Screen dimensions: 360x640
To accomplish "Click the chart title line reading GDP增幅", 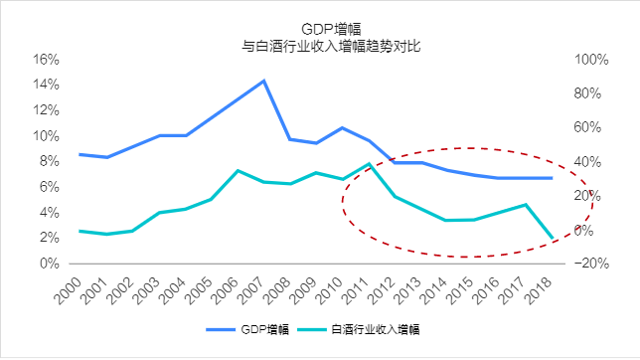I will (321, 28).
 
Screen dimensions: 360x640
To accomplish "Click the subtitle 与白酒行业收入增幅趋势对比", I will (321, 46).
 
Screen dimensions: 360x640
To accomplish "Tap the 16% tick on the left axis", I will (48, 60).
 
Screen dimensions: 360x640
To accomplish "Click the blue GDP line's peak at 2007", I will (263, 81).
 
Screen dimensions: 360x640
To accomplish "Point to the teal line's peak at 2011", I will (369, 164).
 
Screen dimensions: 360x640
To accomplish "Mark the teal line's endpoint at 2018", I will (553, 239).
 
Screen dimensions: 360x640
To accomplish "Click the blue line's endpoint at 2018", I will (553, 178).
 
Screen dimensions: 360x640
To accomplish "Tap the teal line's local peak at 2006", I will (238, 170).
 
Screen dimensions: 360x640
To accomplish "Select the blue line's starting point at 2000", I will (80, 154).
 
